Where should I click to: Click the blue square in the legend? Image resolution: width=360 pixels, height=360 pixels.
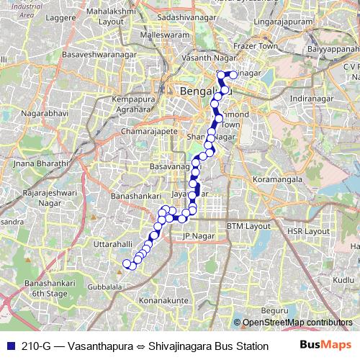coord(9,346)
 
